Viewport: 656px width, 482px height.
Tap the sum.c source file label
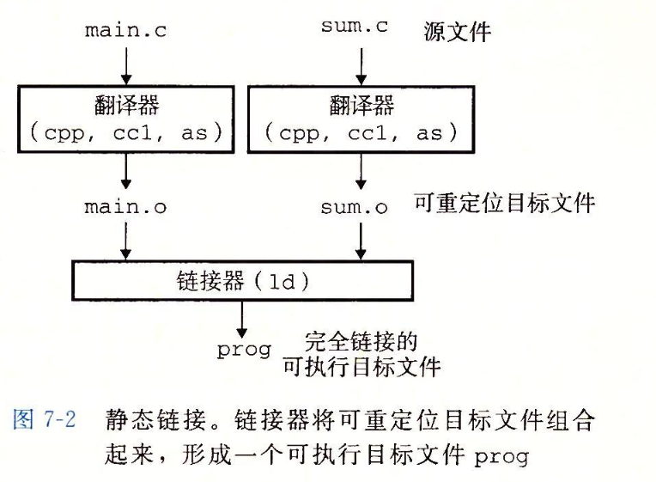(355, 27)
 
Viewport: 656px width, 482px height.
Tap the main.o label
(125, 207)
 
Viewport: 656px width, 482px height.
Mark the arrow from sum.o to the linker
(361, 241)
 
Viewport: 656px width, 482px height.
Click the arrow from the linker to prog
(243, 322)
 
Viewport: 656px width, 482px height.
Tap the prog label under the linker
(244, 351)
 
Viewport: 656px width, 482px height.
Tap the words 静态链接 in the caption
(139, 420)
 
